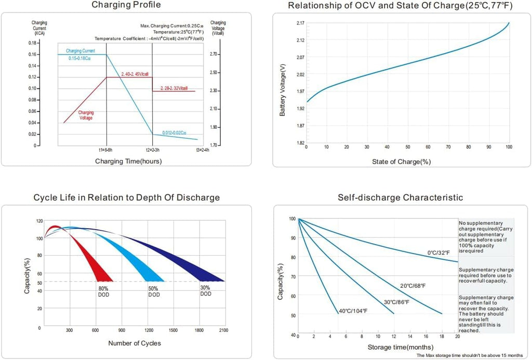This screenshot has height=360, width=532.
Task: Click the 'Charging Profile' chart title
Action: [x=126, y=5]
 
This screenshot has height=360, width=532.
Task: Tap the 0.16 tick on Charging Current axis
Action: [x=32, y=55]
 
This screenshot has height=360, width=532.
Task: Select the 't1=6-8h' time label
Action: [x=105, y=150]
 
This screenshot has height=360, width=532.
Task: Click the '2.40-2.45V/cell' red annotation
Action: [x=135, y=74]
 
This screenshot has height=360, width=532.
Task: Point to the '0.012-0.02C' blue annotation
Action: [x=174, y=132]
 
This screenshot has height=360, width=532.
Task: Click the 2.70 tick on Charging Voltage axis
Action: [x=214, y=55]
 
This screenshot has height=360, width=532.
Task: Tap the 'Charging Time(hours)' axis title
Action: [x=128, y=161]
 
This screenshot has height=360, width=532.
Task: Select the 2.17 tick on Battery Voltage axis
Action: [x=300, y=23]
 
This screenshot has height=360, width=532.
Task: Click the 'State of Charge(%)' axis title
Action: [x=402, y=162]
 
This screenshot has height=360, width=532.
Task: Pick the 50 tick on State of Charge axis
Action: [x=407, y=147]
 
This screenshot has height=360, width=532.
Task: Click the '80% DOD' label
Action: [x=103, y=291]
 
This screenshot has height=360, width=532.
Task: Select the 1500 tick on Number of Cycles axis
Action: [x=173, y=330]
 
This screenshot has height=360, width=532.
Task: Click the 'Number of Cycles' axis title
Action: [x=135, y=343]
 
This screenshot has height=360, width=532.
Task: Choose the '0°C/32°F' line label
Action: [x=438, y=253]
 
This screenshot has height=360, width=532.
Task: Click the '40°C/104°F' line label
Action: [x=353, y=311]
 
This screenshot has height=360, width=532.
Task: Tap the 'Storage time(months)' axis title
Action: [x=401, y=347]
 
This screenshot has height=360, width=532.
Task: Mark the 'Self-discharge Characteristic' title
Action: [x=401, y=197]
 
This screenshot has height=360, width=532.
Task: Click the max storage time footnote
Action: [x=470, y=355]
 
